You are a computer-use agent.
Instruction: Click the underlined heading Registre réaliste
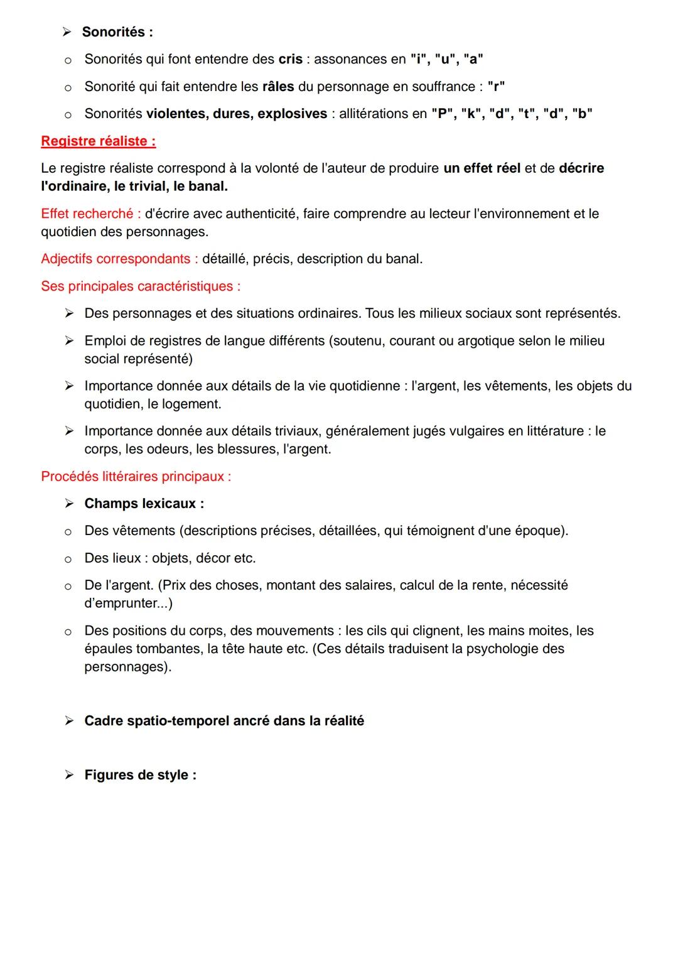[x=98, y=141]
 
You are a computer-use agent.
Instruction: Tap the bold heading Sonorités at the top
[x=117, y=32]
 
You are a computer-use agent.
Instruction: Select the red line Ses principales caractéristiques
[x=141, y=286]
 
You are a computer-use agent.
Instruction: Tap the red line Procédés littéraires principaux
[x=136, y=477]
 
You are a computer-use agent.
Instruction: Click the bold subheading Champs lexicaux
[x=144, y=504]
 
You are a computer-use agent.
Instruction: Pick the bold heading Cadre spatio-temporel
[x=224, y=721]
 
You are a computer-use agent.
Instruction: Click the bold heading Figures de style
[x=140, y=775]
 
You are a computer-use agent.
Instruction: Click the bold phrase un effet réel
[x=482, y=168]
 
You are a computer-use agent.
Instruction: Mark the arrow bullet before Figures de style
[x=69, y=775]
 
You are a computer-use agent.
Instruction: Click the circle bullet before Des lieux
[x=68, y=559]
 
